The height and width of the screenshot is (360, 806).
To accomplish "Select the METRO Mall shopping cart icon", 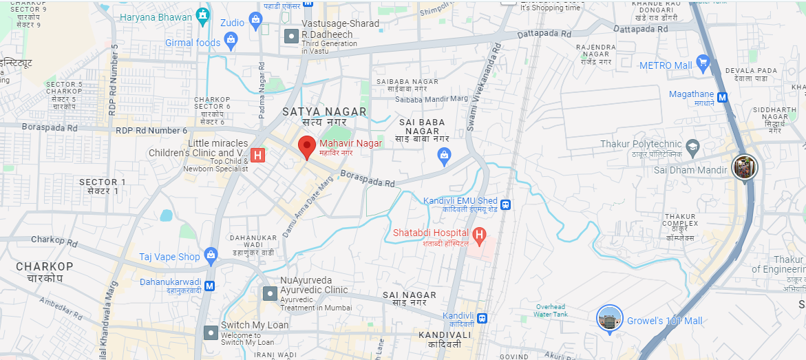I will coord(703,65).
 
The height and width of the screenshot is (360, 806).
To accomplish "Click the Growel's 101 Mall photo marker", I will coord(609,319).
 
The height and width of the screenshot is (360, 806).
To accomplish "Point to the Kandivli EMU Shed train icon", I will coord(506,204).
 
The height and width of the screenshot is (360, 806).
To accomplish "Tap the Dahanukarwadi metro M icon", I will coord(210,285).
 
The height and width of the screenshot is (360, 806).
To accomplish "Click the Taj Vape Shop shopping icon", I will coord(211,256).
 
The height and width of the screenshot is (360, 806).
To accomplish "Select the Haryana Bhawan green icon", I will coord(202,16).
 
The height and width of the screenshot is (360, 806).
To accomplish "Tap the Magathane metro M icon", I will coord(723,97).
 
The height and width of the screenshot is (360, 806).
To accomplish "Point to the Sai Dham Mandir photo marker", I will coord(744,167).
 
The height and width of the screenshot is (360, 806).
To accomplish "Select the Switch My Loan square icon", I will coord(211,333).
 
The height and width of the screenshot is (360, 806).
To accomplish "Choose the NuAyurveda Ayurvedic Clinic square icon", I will coord(270,294).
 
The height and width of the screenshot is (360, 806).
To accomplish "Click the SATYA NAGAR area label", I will coord(325,112).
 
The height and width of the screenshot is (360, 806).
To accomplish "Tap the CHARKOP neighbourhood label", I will coord(45,266).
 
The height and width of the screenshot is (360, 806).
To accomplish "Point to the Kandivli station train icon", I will coord(482,318).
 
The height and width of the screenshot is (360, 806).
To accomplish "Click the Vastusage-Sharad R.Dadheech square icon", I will coord(292,35).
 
